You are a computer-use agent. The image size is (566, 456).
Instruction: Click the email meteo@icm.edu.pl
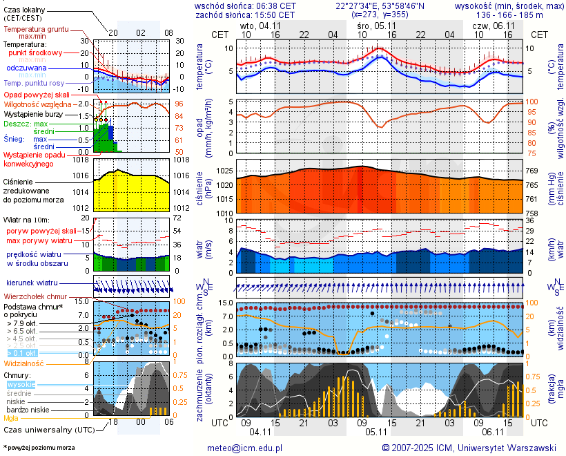pos(245,448)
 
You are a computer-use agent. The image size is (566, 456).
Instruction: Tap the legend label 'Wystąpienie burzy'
pos(33,113)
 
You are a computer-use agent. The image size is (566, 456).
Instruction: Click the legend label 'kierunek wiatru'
pos(32,283)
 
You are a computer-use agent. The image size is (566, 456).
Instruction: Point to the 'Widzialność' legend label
pos(24,363)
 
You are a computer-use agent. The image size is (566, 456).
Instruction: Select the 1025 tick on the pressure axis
pos(224,171)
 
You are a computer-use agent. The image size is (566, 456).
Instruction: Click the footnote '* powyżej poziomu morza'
pos(39,448)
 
